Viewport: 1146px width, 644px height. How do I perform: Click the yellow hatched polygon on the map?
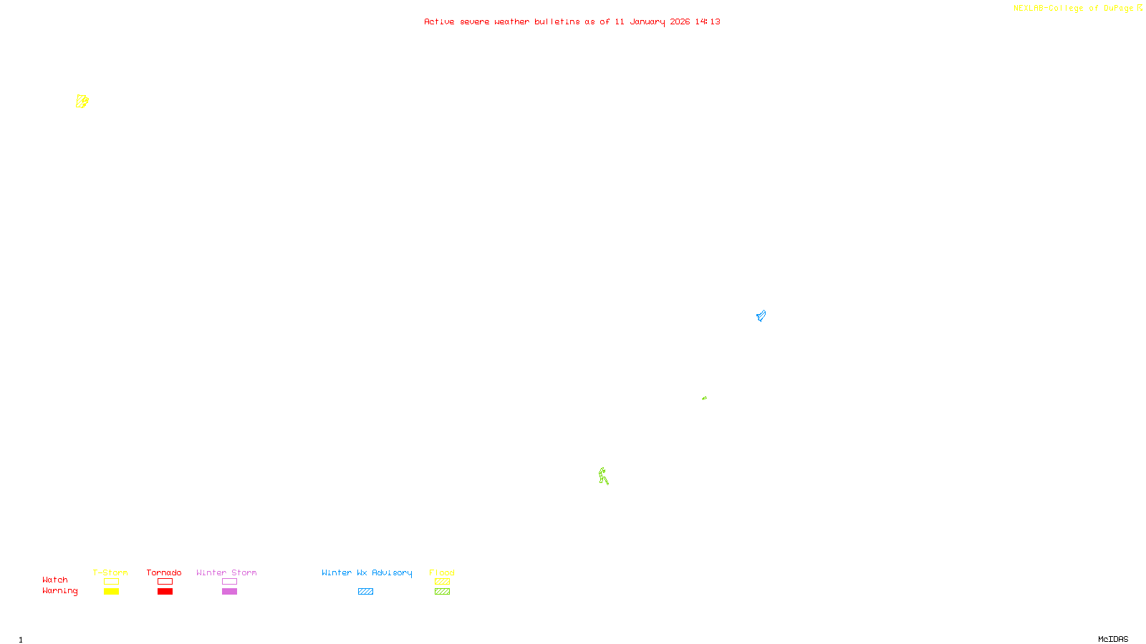pos(82,101)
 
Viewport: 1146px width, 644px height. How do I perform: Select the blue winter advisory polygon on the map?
pos(761,316)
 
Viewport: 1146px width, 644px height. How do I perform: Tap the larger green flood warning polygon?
pos(603,476)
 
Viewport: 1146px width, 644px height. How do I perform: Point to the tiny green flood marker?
pos(704,398)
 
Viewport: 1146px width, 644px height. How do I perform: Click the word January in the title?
pos(647,21)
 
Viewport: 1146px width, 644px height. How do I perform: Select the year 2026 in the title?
pos(680,21)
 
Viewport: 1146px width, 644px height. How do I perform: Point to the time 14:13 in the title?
pos(708,21)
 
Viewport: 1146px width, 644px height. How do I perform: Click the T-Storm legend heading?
pos(110,572)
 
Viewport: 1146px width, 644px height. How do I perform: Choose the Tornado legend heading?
pos(164,572)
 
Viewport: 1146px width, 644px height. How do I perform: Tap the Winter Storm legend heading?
pos(226,572)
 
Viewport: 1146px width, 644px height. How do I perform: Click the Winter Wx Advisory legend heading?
pos(367,572)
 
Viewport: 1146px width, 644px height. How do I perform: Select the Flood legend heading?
pos(442,572)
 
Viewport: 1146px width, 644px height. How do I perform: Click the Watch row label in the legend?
pos(55,580)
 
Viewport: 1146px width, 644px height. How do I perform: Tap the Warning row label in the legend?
pos(59,591)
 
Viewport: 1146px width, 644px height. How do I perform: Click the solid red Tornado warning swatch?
pos(165,592)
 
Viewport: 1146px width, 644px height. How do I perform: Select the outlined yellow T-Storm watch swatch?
pos(111,582)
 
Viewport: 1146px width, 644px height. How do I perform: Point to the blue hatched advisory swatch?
pos(365,592)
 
